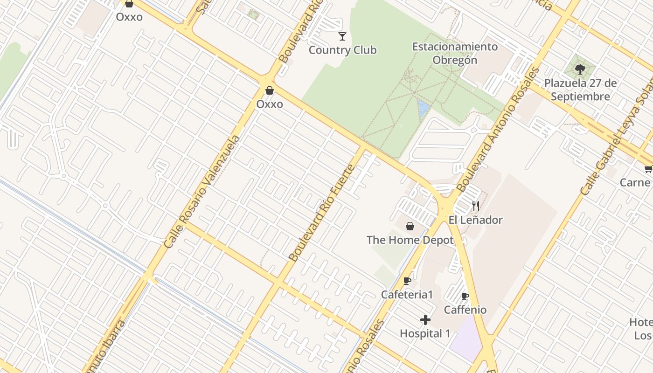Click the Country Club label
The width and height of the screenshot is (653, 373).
point(342,50)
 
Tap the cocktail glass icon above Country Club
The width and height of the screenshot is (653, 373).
point(342,36)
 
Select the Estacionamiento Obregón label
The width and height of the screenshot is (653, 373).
point(455,53)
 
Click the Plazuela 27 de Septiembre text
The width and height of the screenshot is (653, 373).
point(580,90)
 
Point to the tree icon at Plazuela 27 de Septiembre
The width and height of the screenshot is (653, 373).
point(580,70)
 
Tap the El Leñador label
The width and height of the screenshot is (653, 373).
point(475,220)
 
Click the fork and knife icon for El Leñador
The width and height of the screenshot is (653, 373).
point(476,206)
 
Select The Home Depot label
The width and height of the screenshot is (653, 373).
point(410,240)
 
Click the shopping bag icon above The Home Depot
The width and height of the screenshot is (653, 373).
point(410,226)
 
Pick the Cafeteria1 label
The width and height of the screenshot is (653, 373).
point(407,295)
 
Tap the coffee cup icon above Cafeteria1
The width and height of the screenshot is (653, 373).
point(407,281)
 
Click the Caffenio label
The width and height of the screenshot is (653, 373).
point(465,310)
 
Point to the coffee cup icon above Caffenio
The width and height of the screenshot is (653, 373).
point(465,296)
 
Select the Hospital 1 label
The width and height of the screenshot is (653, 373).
point(425,334)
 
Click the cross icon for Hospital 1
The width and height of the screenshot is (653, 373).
point(425,320)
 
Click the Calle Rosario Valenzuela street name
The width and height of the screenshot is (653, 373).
point(202,192)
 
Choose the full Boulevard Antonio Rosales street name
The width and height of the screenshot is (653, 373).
point(498,130)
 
